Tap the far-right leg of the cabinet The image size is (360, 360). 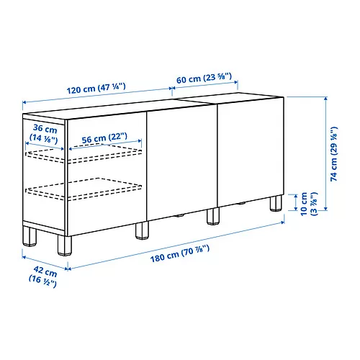274,204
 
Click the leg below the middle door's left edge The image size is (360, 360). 140,230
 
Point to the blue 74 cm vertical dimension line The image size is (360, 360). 328,155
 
